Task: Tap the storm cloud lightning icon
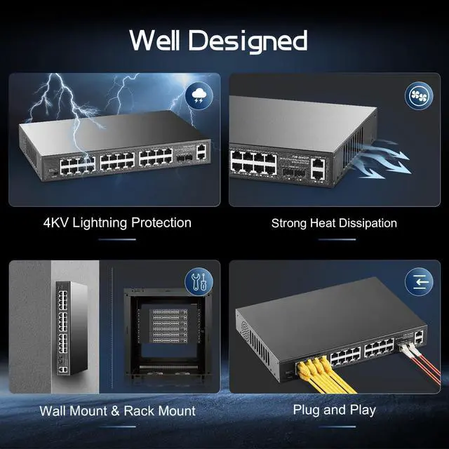click(x=199, y=96)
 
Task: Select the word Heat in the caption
click(x=326, y=223)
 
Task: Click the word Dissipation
click(x=370, y=223)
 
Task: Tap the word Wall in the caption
click(x=53, y=410)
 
